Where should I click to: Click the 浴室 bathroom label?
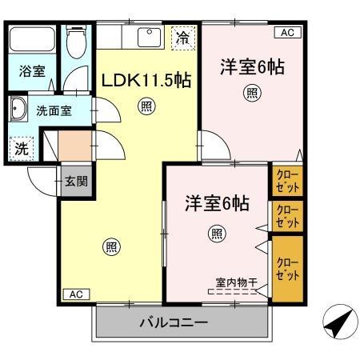click(31, 70)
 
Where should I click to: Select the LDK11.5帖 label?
click(145, 82)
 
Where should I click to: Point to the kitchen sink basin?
click(150, 37)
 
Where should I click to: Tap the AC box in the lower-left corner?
click(75, 294)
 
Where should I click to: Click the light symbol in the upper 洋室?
click(252, 94)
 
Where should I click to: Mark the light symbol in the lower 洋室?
click(216, 233)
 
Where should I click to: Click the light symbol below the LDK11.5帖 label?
click(146, 104)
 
